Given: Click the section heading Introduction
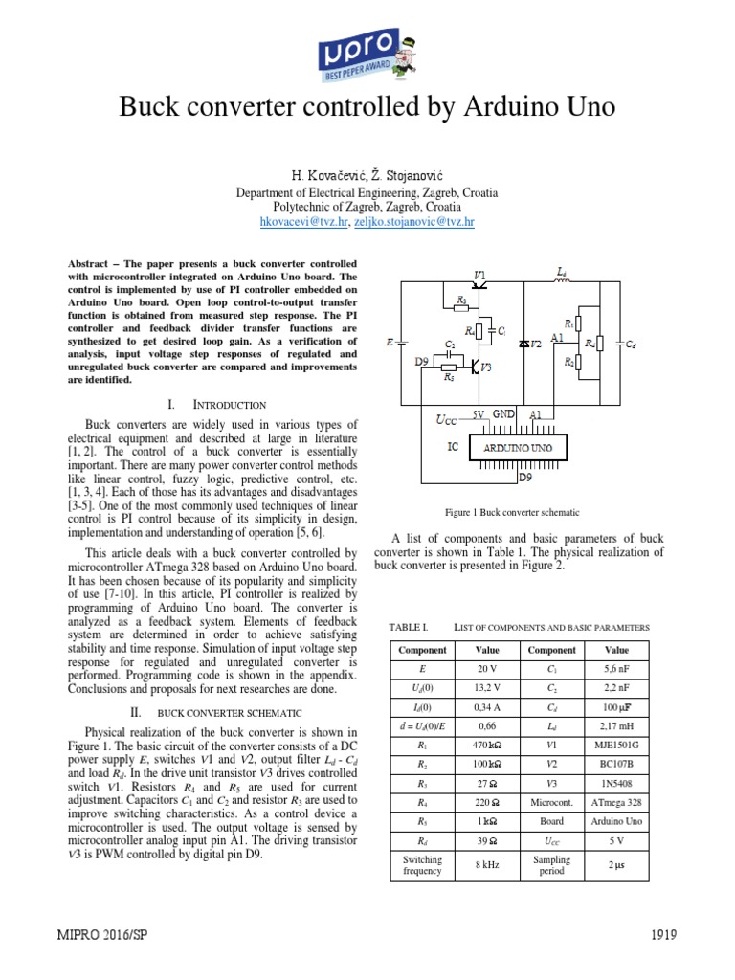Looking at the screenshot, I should tap(231, 405).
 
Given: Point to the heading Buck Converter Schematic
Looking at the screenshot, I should tap(229, 712).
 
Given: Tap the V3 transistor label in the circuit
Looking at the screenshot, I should tap(486, 367).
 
